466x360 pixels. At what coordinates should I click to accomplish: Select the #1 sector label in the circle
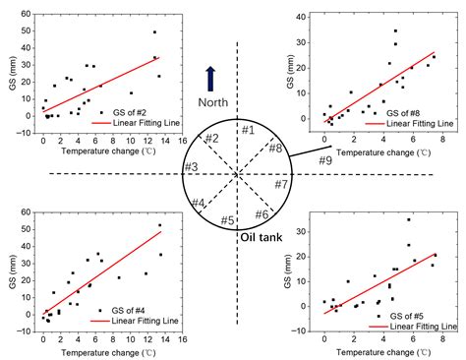[x=248, y=130]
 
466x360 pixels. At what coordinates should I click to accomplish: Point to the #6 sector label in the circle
[x=262, y=213]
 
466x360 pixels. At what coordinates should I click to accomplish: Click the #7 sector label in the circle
[x=281, y=184]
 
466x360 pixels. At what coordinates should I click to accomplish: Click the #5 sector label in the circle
[x=227, y=219]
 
